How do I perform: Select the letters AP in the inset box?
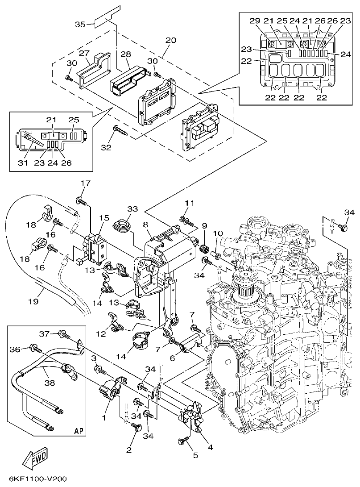79,431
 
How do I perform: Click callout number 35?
80,24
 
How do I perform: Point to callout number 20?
170,40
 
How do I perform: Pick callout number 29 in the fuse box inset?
254,21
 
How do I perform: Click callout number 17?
85,183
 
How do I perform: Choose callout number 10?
218,233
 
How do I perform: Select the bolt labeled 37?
62,333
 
